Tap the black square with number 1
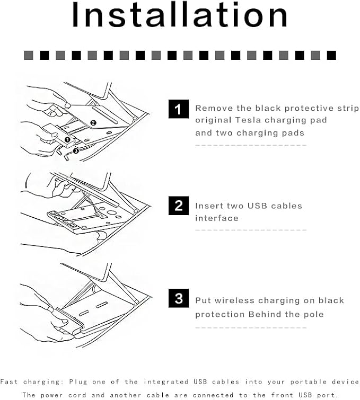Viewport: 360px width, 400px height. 179,109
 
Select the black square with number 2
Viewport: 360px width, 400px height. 179,206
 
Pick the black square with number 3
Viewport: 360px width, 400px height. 179,298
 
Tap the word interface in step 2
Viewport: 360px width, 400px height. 217,218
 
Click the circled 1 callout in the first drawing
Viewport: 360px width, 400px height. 67,139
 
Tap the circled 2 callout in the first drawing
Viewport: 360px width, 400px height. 93,123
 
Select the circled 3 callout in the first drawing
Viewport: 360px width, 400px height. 76,151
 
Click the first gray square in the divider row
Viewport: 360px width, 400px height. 28,55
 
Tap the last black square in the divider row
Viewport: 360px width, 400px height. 331,55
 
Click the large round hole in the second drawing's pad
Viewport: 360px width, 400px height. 111,212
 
